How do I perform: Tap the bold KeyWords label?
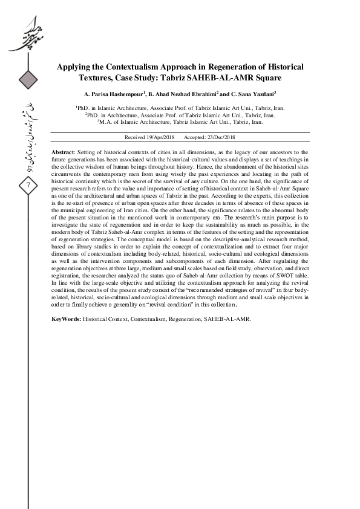click(x=66, y=318)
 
